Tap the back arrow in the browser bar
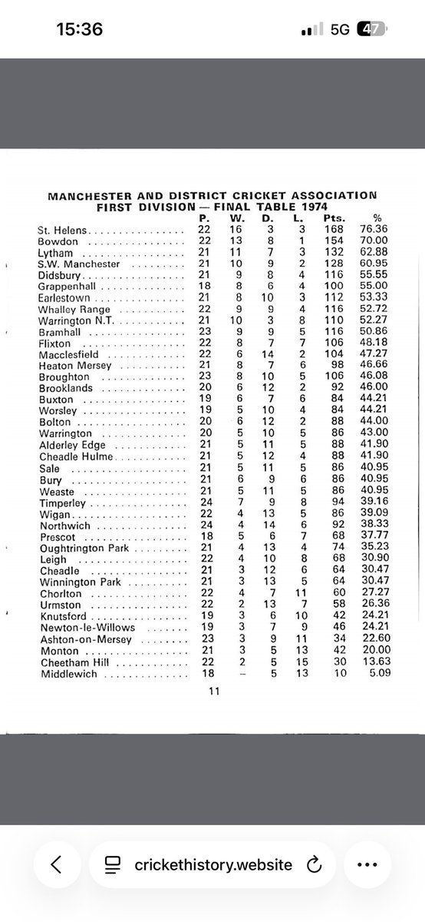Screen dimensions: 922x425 (55, 864)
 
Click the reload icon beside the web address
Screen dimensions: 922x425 (312, 865)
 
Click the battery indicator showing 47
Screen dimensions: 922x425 (374, 29)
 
